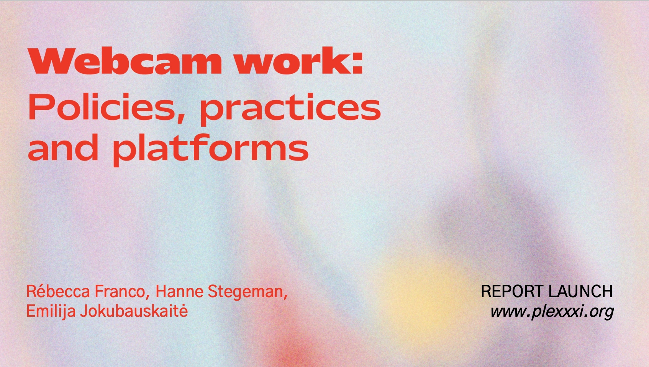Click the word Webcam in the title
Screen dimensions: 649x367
tap(125, 61)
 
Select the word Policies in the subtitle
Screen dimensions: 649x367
tap(103, 107)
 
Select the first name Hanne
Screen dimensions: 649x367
tap(180, 291)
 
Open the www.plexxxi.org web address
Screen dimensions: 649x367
tap(552, 312)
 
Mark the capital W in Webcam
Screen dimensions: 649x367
tap(48, 61)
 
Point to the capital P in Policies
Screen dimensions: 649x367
tap(39, 107)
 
